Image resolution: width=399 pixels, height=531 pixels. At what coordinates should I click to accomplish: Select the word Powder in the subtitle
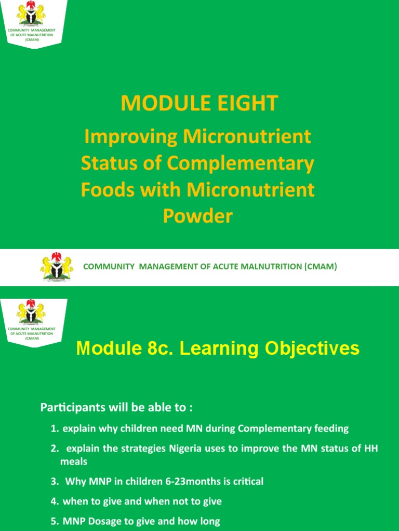pyautogui.click(x=198, y=216)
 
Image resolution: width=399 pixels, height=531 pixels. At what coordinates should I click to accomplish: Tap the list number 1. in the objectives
pyautogui.click(x=55, y=429)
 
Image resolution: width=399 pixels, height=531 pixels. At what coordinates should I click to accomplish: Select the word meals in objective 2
pyautogui.click(x=74, y=462)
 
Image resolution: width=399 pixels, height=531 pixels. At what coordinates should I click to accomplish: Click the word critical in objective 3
pyautogui.click(x=246, y=482)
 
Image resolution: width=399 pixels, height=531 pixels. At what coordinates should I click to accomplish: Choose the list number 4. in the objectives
pyautogui.click(x=55, y=501)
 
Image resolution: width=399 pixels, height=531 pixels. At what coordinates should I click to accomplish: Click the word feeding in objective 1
pyautogui.click(x=332, y=429)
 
